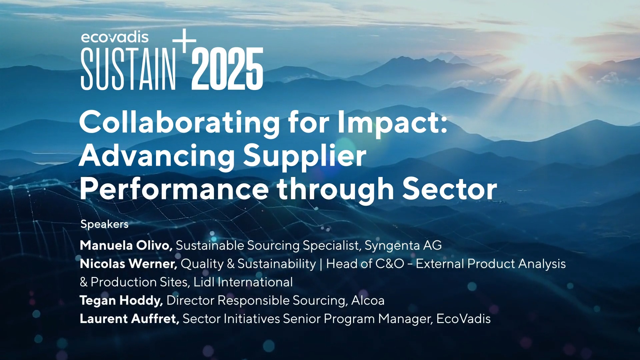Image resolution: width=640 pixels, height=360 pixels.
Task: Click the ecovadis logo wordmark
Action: coord(115,37)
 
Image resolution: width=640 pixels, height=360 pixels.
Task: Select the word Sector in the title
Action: coord(450,189)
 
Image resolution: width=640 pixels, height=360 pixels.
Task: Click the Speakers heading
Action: coord(104,224)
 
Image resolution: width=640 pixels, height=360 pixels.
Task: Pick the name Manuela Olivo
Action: coord(126,245)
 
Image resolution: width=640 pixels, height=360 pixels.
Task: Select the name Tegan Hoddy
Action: coord(121,301)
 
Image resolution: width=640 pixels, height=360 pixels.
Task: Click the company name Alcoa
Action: coord(368,301)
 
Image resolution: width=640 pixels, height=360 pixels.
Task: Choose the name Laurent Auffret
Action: coord(130,319)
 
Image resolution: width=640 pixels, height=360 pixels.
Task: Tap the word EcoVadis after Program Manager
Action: coord(463,319)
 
